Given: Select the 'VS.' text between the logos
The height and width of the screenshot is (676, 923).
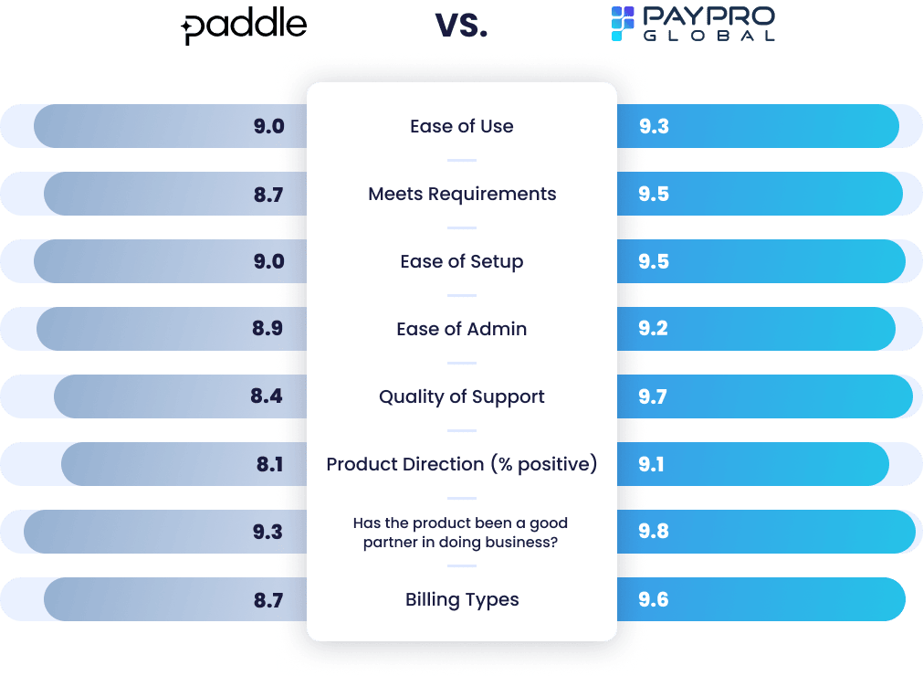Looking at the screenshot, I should [462, 26].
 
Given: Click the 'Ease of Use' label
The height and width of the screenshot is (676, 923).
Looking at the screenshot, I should [462, 126].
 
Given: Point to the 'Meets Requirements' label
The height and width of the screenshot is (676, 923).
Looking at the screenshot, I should [462, 194].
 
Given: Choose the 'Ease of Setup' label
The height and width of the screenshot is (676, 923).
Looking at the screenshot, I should [462, 261].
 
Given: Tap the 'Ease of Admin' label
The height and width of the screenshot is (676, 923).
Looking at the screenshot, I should [462, 329].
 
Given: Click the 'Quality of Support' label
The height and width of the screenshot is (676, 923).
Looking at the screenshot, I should [462, 396].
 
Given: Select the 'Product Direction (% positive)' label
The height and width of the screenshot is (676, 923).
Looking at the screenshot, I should [462, 464].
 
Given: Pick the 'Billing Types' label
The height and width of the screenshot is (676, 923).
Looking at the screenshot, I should [462, 599].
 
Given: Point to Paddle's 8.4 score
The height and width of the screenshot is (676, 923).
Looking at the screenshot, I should [267, 396].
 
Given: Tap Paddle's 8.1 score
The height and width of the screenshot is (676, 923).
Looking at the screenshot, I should [269, 464].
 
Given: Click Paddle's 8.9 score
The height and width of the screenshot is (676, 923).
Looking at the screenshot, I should [267, 329].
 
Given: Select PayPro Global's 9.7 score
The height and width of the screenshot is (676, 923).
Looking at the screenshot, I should [654, 396].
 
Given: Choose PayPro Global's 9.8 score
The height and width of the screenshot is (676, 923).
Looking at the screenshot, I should [654, 532].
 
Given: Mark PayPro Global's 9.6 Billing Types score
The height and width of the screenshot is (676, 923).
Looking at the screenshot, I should [654, 599].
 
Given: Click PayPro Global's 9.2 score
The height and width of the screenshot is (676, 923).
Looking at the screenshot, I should [654, 329].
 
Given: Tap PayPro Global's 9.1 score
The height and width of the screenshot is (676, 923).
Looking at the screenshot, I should [652, 464].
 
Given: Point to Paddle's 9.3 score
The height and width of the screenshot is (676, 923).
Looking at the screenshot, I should [267, 532].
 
